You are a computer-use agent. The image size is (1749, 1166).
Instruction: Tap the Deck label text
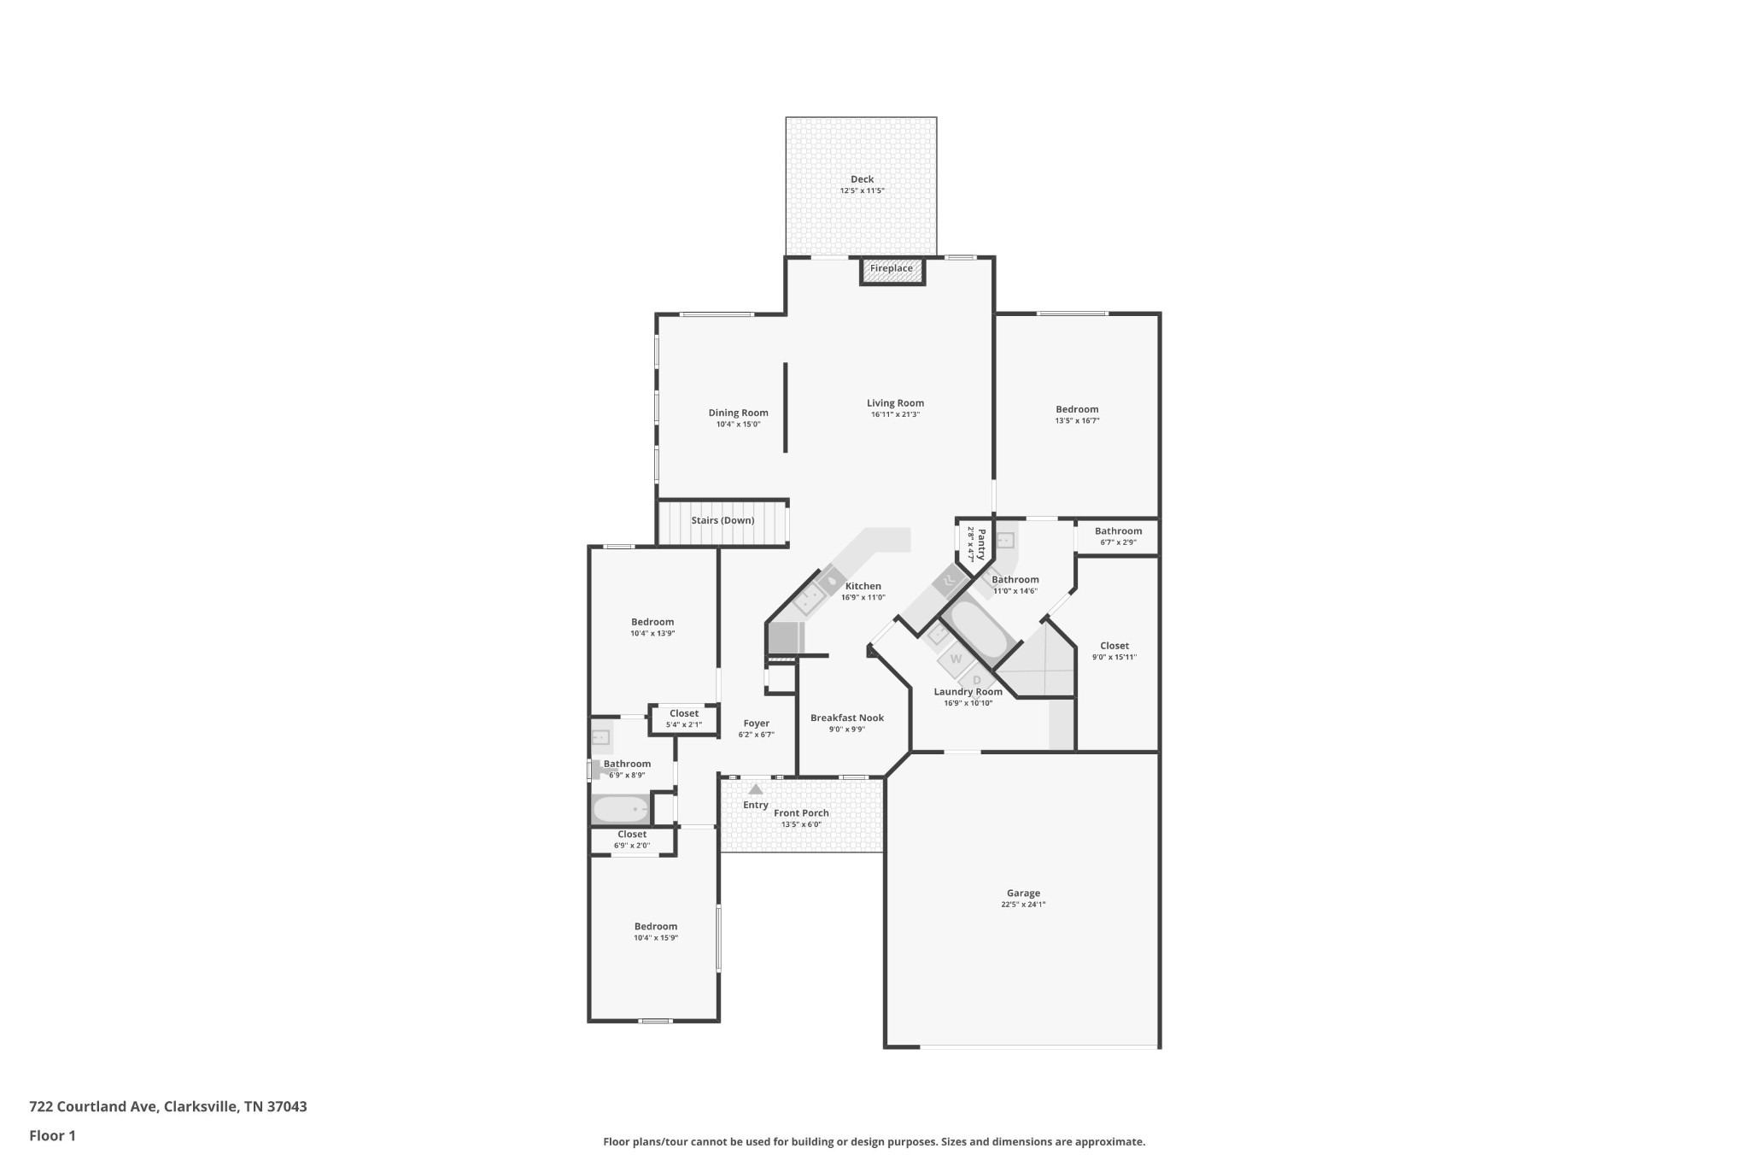click(862, 179)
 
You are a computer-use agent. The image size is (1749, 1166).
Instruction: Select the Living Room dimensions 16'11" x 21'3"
click(895, 414)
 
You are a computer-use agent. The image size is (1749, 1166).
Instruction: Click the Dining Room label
click(738, 413)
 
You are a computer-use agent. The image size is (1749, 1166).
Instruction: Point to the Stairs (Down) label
click(722, 520)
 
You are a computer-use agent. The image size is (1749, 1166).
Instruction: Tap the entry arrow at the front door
click(756, 789)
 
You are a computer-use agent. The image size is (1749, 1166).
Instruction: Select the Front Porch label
click(801, 813)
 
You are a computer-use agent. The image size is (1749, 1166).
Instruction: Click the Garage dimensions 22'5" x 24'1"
click(1023, 905)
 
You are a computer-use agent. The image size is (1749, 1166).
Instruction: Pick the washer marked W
click(956, 659)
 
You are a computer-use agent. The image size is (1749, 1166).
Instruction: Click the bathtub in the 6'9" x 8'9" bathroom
click(621, 809)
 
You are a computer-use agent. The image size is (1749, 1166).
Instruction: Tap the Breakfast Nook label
click(847, 718)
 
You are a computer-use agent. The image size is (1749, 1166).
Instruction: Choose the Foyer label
click(757, 724)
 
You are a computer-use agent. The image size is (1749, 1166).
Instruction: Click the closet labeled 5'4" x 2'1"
click(683, 718)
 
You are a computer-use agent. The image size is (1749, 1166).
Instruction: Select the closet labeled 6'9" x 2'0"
click(632, 840)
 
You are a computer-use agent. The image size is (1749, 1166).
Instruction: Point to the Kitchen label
click(863, 586)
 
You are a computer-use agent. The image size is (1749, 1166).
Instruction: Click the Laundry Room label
click(968, 692)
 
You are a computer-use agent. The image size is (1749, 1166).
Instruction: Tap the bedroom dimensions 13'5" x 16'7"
click(1077, 420)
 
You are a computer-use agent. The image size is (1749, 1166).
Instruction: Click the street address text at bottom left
click(168, 1106)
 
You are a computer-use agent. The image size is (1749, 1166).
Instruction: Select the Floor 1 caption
click(52, 1135)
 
